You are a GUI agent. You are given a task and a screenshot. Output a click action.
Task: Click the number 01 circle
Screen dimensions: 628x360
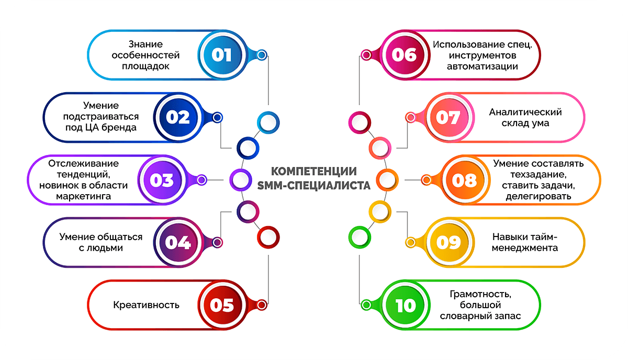pos(221,54)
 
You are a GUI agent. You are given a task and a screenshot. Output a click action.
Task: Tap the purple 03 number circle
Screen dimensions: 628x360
pos(162,180)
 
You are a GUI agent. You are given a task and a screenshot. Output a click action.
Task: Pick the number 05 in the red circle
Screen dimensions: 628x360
pos(221,305)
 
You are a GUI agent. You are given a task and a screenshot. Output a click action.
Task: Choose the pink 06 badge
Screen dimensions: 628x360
pos(403,54)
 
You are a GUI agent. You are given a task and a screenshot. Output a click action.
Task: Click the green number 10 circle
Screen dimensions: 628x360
pos(405,305)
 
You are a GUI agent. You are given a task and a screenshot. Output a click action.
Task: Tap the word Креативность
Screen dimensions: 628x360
pos(147,305)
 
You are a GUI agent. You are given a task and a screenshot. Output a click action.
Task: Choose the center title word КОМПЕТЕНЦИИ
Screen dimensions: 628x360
pos(314,172)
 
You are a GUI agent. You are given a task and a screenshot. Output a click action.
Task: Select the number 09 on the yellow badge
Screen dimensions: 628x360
pos(448,242)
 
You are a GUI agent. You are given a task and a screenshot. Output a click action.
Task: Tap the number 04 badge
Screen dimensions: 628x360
pos(178,242)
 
